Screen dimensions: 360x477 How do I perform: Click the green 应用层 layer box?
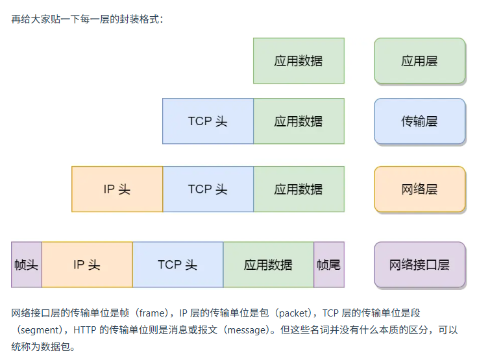point(419,61)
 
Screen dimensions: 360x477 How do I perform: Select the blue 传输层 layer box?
point(419,121)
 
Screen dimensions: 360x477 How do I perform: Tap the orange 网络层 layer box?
point(419,189)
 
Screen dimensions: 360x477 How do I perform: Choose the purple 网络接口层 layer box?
point(419,265)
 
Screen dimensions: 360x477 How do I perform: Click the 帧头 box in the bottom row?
point(27,265)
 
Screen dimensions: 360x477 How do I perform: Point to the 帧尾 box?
point(329,265)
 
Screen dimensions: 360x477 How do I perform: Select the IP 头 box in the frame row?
point(87,265)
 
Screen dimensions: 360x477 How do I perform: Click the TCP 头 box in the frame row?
point(178,265)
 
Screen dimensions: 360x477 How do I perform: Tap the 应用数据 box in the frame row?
point(269,265)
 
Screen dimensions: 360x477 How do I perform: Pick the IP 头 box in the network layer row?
point(117,189)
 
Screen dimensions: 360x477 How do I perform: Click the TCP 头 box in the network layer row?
point(208,189)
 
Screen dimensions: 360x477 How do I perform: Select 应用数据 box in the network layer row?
point(299,189)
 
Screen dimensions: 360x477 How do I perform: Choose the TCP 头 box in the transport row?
point(208,121)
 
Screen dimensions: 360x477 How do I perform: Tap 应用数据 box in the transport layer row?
point(299,121)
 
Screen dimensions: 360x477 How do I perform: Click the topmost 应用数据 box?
point(299,61)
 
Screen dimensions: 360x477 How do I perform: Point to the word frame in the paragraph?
point(147,313)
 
